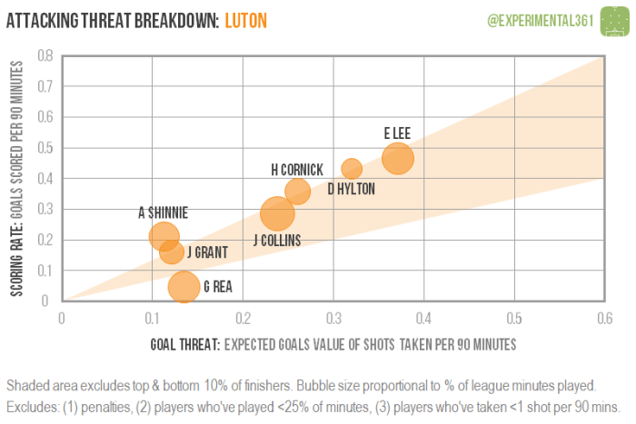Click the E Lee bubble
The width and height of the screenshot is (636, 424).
pos(398,158)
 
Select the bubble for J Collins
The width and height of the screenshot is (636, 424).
pos(277,214)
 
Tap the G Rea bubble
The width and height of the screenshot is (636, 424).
pos(184,287)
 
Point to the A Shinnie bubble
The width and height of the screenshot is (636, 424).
pos(164,236)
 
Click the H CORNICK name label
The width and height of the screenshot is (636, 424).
pos(297,170)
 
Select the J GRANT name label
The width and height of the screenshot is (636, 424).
pos(208,252)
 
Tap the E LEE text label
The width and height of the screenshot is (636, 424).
pos(397,133)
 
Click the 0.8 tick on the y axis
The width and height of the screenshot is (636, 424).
pos(45,55)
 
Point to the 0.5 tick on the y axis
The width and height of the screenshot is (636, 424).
pos(45,147)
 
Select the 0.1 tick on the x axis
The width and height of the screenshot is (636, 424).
pos(152,318)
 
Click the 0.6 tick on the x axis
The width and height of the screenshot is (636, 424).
pos(603,318)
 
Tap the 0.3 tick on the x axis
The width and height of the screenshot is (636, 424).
pos(333,318)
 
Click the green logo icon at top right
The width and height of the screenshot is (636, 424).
pos(614,18)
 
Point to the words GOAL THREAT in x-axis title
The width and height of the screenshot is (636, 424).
pos(185,345)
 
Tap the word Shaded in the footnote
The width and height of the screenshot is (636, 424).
pos(27,384)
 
